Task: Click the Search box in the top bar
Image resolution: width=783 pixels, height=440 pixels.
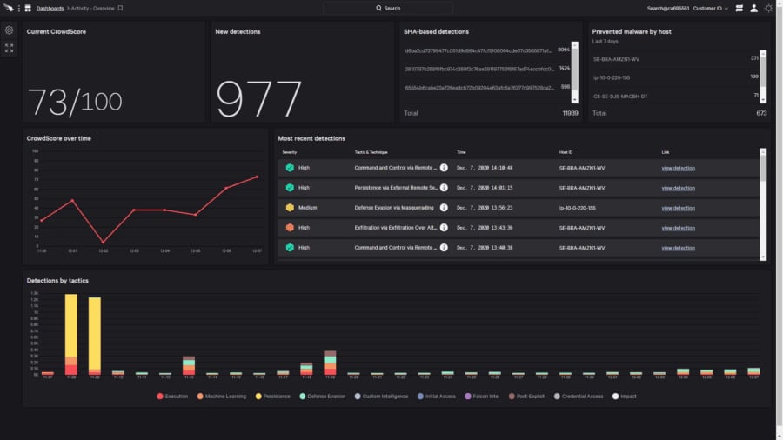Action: click(x=388, y=8)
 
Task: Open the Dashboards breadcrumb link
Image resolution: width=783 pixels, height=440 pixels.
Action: click(x=50, y=8)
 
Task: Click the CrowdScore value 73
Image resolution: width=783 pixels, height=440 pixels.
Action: click(x=48, y=102)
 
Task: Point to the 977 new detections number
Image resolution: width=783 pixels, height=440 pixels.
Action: click(x=258, y=100)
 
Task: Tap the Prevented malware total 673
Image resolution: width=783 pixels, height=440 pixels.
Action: click(x=761, y=113)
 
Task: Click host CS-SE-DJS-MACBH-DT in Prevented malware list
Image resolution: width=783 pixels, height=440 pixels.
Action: click(x=622, y=95)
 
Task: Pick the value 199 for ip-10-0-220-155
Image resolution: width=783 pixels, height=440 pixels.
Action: click(x=753, y=77)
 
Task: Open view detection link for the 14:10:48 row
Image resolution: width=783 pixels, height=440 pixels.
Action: click(x=678, y=168)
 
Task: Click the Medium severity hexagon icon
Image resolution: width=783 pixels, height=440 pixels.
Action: click(x=290, y=208)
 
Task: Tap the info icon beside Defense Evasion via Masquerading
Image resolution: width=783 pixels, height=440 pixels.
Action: click(x=444, y=208)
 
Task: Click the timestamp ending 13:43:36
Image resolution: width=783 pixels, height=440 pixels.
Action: click(x=485, y=228)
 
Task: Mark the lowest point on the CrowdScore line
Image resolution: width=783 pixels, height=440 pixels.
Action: click(x=103, y=243)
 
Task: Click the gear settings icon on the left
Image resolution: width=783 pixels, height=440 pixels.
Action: click(x=10, y=30)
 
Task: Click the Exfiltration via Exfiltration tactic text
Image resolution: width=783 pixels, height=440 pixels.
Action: click(x=395, y=228)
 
